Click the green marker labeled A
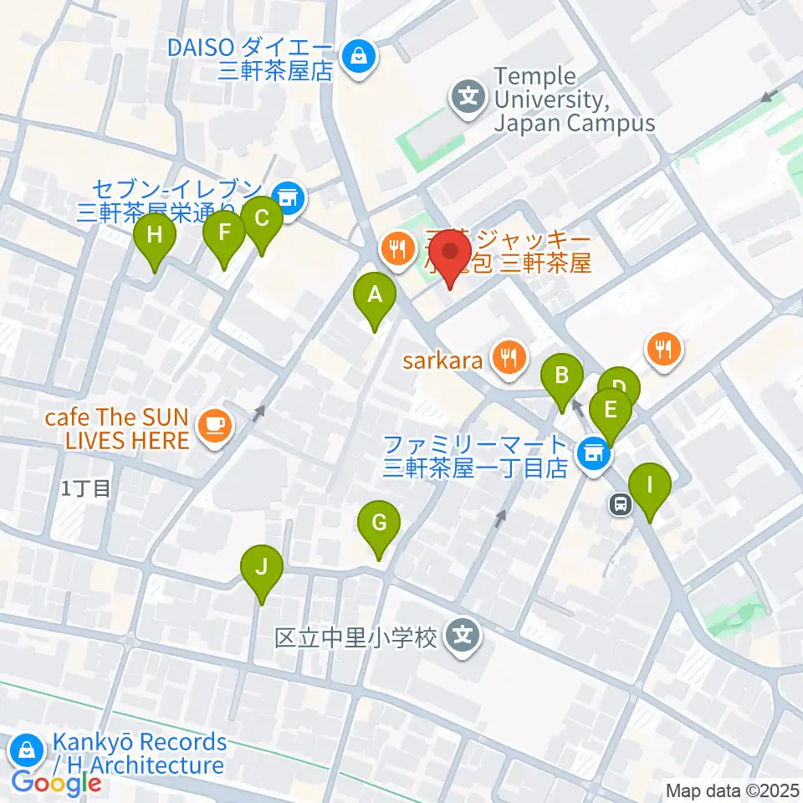coord(375,295)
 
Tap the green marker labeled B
coord(563,375)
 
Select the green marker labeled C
coord(262,220)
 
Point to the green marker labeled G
coord(378,524)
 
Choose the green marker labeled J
coord(262,569)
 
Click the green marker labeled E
coord(610,411)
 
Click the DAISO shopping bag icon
coord(359,58)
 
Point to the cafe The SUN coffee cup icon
coord(213,426)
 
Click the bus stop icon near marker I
coord(621,504)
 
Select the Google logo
coord(56,784)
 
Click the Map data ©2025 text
coord(732,790)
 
